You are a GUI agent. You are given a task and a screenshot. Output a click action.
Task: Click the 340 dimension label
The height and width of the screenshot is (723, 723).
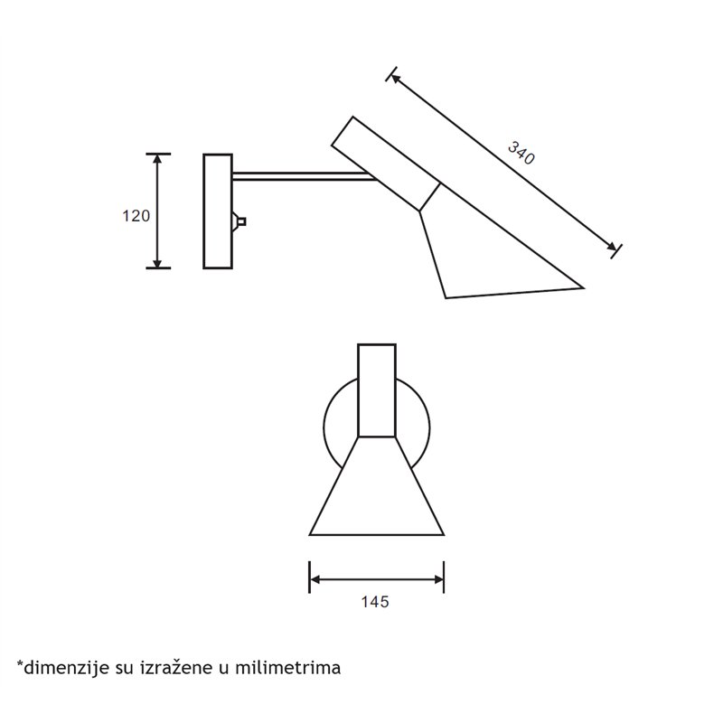521,153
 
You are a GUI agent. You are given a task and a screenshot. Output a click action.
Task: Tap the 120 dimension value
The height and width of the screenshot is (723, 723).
136,216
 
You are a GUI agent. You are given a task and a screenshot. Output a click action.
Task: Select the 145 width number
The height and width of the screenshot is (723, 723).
375,602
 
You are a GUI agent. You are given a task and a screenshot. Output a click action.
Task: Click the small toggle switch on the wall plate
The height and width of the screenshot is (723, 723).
239,221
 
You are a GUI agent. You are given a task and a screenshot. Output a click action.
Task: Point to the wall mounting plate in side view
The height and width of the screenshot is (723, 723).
218,211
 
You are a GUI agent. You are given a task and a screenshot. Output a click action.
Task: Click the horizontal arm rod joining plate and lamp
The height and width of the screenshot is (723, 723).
305,176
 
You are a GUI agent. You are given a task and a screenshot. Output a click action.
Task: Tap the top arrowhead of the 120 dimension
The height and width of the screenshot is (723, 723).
157,159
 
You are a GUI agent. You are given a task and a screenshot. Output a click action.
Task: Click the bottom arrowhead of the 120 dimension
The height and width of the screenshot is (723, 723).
157,262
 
